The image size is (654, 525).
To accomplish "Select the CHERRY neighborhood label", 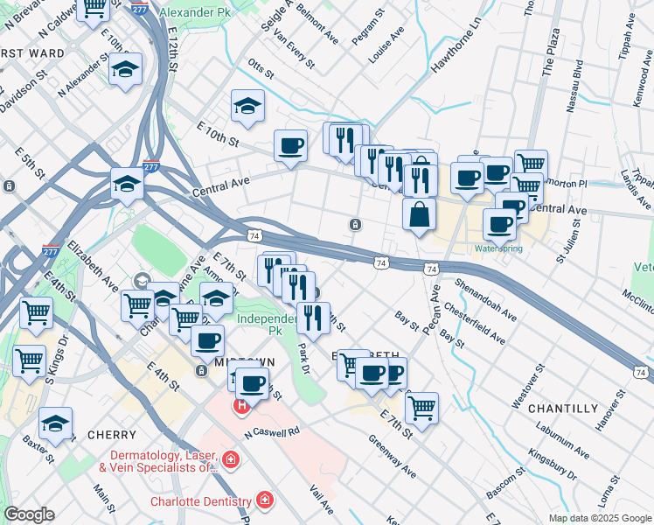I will click(111, 435).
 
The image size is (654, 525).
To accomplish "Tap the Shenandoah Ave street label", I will click(486, 298).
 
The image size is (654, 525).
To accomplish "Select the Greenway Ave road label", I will click(392, 455).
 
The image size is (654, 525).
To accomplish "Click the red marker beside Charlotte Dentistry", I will click(264, 501).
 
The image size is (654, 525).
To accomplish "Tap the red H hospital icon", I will click(240, 407).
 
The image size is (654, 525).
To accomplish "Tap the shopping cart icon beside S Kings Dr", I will click(30, 360).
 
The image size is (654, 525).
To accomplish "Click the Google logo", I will click(29, 514).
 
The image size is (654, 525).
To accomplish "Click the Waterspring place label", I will click(499, 248).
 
